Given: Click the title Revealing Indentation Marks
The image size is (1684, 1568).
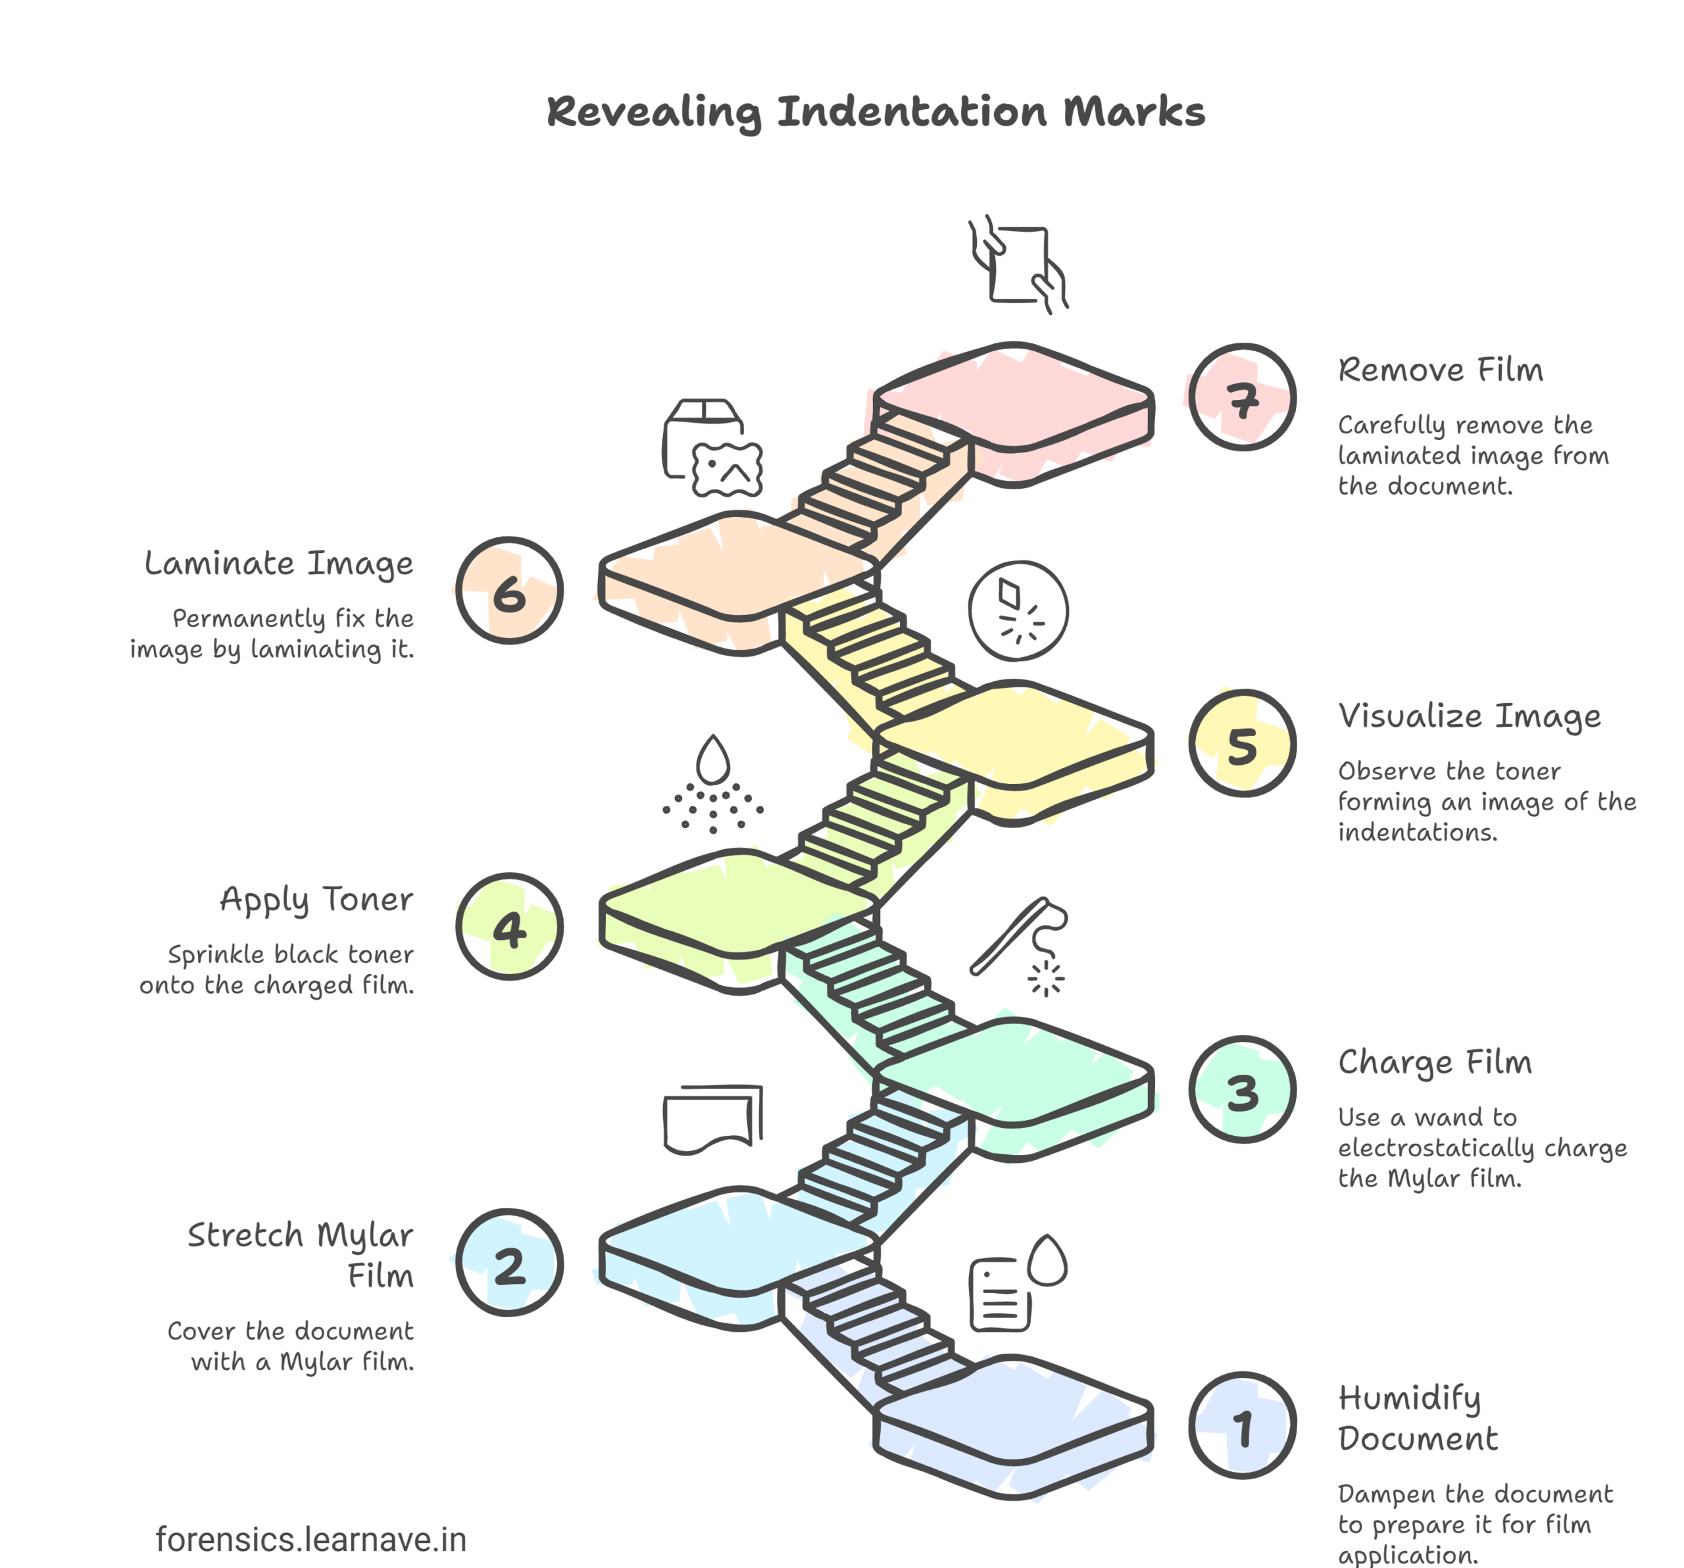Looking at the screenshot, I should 875,112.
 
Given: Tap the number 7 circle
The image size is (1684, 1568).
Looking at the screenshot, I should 1242,397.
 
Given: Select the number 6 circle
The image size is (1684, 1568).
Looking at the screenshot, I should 509,591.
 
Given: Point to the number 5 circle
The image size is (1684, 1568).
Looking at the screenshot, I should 1242,743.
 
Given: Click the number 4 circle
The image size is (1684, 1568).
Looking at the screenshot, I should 509,927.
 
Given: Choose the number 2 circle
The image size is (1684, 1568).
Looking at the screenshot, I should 509,1263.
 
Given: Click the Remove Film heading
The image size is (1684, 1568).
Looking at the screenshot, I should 1440,370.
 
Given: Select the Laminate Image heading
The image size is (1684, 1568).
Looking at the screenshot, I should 279,563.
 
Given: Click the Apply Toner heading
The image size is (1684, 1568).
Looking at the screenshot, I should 316,900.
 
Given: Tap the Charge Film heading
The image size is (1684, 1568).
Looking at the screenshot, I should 1435,1062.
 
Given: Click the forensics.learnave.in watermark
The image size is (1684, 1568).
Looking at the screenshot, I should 311,1539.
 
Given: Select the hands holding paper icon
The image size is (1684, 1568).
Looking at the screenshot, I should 1018,264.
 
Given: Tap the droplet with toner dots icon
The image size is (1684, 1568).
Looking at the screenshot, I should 712,783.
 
